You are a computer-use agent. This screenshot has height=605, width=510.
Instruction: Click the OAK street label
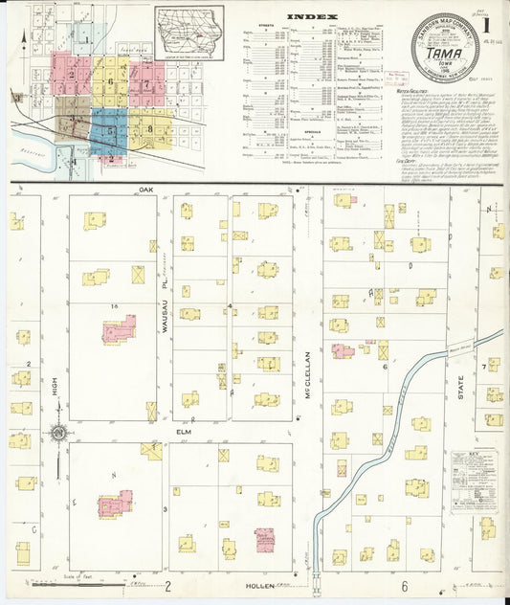click(x=145, y=190)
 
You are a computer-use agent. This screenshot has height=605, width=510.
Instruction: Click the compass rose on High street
click(x=58, y=433)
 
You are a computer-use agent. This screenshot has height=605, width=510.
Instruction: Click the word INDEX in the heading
click(x=312, y=16)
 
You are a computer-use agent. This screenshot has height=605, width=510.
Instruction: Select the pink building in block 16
click(x=120, y=330)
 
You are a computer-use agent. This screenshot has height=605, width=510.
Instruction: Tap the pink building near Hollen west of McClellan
click(x=264, y=541)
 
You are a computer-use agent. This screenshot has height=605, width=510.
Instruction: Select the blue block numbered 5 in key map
click(x=110, y=129)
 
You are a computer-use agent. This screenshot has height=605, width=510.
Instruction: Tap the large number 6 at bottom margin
click(x=405, y=586)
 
